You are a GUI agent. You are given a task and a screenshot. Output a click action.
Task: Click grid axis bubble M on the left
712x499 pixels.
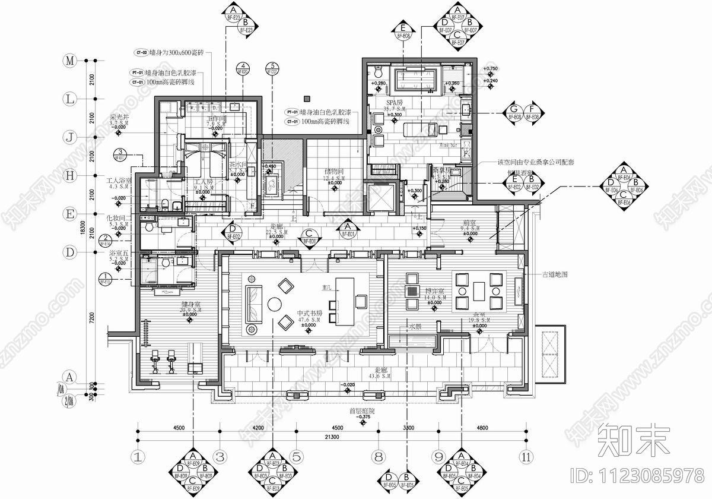(x=71, y=61)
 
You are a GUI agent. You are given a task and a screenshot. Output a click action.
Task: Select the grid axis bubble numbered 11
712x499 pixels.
(x=525, y=457)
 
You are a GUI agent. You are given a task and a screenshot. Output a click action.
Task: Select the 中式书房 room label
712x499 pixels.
(x=310, y=313)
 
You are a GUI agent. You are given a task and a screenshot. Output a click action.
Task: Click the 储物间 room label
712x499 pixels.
(x=333, y=171)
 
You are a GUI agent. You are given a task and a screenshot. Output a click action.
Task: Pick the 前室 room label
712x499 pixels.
(x=471, y=225)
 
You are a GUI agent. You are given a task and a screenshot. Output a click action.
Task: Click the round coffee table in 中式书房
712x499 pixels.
(x=275, y=304)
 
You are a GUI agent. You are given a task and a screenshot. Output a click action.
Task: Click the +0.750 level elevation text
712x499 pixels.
(x=491, y=69)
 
